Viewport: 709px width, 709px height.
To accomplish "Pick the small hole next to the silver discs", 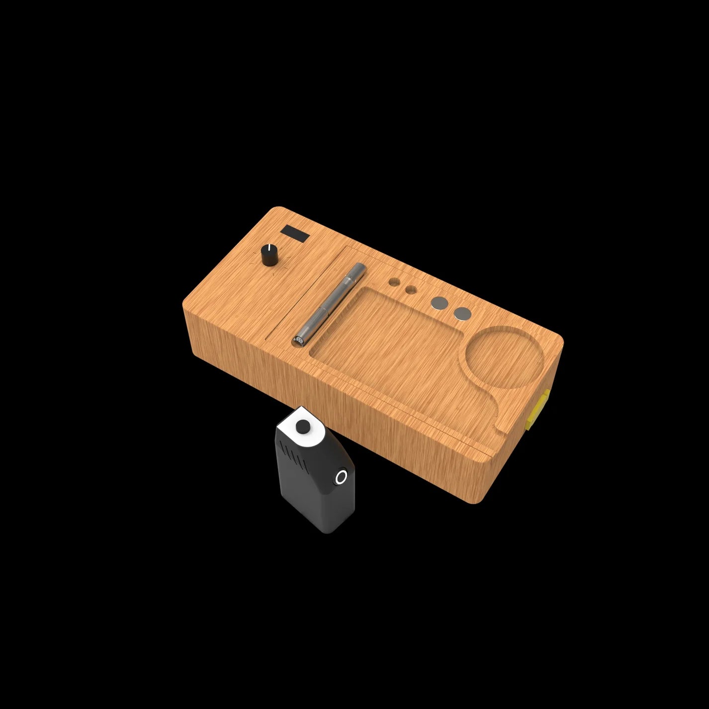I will click(x=411, y=290).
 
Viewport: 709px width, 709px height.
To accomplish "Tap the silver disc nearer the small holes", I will click(x=440, y=303).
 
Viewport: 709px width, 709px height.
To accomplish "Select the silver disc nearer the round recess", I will click(x=462, y=313).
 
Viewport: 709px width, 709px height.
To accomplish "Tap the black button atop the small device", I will click(x=302, y=426).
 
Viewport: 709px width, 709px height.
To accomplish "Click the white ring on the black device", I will click(x=341, y=477).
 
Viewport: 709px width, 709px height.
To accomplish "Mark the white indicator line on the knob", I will click(x=269, y=248).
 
